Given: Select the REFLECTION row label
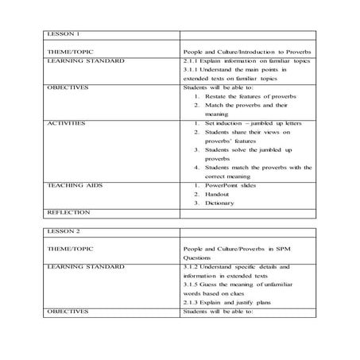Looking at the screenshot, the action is click(x=69, y=212).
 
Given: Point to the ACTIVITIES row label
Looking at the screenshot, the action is click(x=66, y=124).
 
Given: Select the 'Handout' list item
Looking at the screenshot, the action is click(x=219, y=194).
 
